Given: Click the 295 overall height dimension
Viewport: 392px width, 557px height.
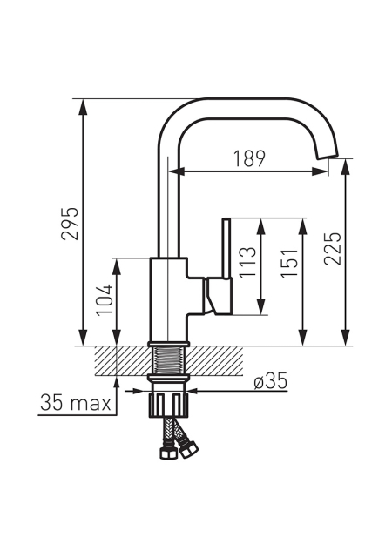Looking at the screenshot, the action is tap(69, 223).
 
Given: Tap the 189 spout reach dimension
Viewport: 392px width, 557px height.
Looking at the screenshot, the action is tap(249, 158).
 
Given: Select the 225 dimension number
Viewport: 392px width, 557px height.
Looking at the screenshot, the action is tap(333, 249).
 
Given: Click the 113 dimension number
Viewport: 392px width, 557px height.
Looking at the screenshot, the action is tap(247, 263).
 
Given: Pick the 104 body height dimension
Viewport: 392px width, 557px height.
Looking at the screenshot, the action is tap(105, 299).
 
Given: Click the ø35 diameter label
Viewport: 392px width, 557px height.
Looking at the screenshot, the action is tap(270, 382).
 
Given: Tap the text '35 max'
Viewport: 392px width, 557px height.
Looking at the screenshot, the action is tap(76, 403).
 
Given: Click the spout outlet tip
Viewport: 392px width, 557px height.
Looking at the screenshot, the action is tap(328, 156).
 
